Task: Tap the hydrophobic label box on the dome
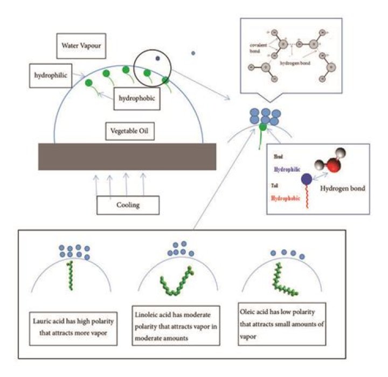click(137, 99)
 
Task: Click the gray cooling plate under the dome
click(128, 157)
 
